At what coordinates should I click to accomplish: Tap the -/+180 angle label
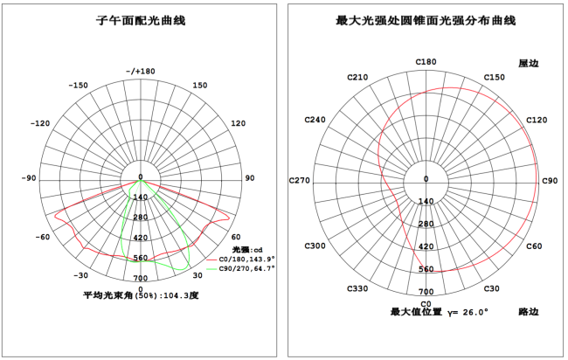(x=140, y=71)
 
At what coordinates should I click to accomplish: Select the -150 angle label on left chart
(x=80, y=86)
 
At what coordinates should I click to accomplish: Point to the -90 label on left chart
(x=30, y=178)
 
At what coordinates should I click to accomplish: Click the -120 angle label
(x=40, y=124)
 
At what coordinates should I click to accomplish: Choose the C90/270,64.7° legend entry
(x=245, y=269)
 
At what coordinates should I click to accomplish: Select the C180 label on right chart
(x=426, y=62)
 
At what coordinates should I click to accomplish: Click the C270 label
(x=300, y=181)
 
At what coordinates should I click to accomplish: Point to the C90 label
(x=550, y=181)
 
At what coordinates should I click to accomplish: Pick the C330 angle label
(x=357, y=288)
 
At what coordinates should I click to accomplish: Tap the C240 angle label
(x=315, y=120)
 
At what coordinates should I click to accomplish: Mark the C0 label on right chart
(x=426, y=302)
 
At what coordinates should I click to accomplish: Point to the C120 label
(x=537, y=120)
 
